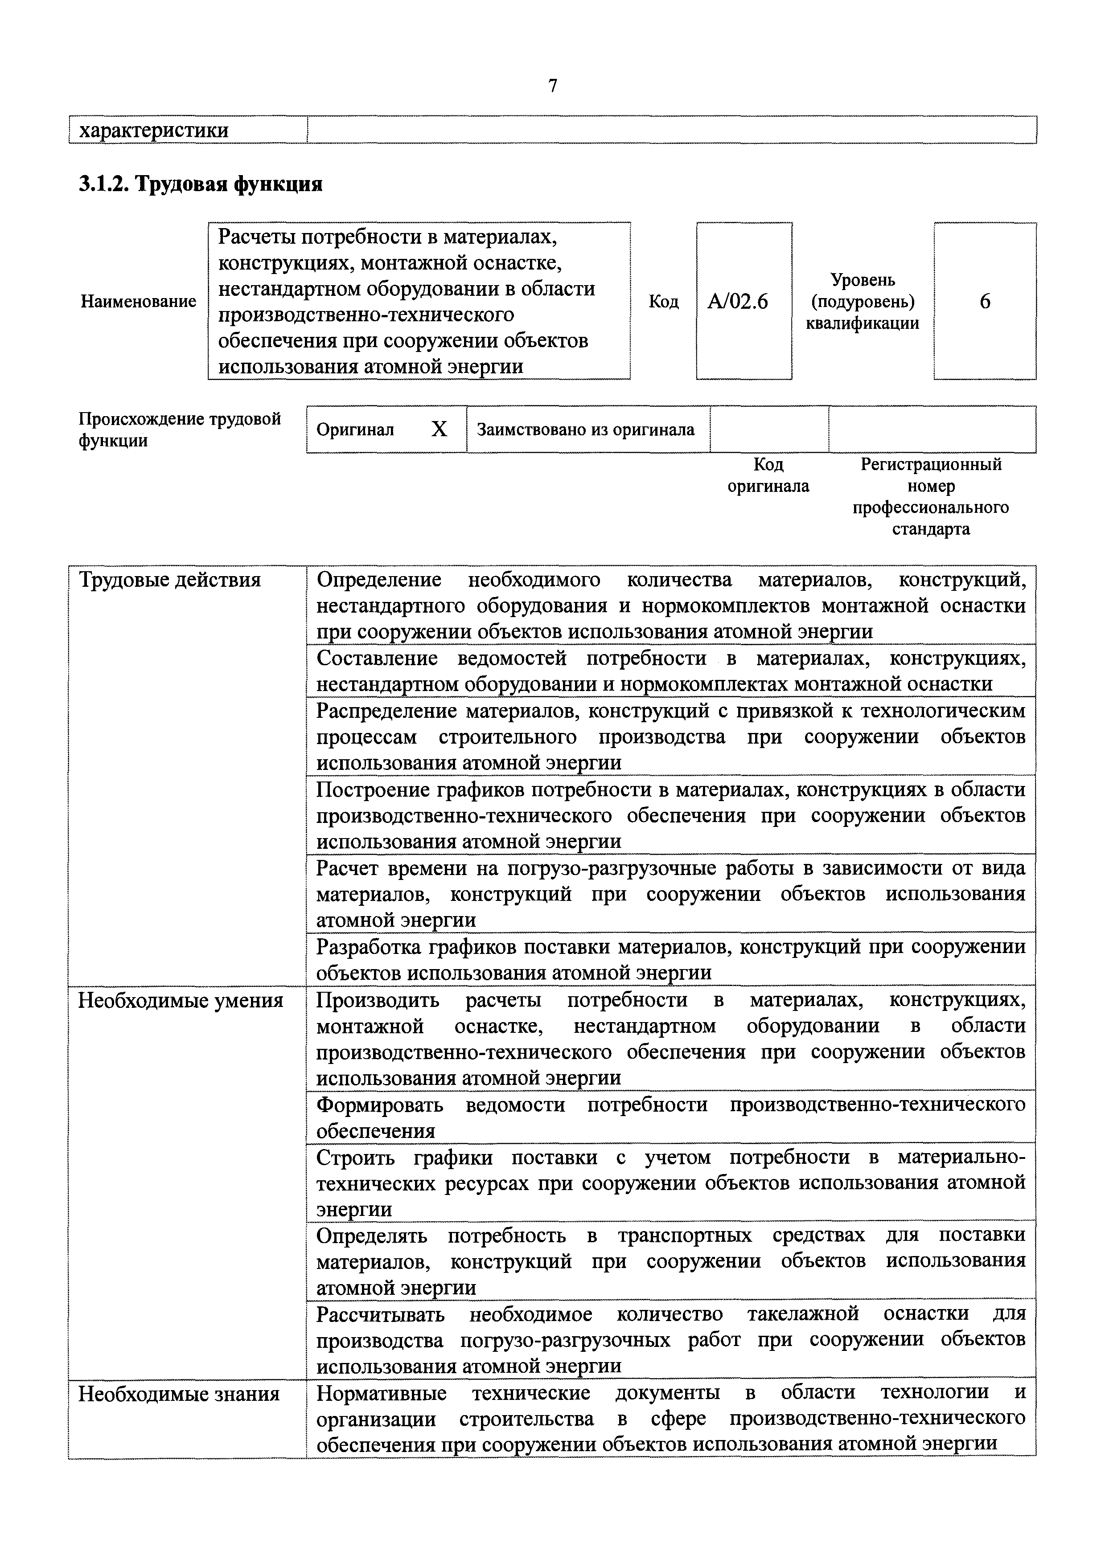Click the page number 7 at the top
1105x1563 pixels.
click(552, 86)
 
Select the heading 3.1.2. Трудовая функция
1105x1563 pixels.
click(200, 184)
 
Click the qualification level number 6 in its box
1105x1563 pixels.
click(985, 301)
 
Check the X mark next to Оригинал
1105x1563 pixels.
click(440, 429)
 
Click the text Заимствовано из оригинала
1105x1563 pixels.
click(586, 430)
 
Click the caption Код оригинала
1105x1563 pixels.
click(768, 475)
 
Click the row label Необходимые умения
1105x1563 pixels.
click(181, 1001)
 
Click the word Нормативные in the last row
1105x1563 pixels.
click(381, 1394)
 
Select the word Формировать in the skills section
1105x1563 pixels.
click(380, 1105)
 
